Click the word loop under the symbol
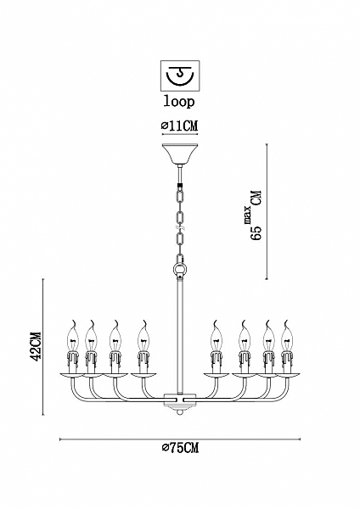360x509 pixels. coord(179,102)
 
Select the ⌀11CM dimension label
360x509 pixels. coord(180,125)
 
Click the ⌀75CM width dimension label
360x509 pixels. coord(180,448)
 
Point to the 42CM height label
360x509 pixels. coord(35,347)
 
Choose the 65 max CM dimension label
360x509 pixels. coord(256,215)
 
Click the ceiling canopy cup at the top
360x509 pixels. coord(180,154)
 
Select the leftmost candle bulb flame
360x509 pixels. coord(74,336)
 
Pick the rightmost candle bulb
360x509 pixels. coord(287,336)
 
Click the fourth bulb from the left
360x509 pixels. coord(143,336)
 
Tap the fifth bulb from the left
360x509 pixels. coord(215,336)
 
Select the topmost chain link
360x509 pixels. coord(180,195)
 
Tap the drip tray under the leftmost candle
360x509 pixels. coord(74,375)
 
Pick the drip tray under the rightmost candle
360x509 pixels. coord(287,375)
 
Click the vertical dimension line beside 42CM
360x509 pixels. coord(43,347)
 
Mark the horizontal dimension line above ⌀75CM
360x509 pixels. coord(180,439)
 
